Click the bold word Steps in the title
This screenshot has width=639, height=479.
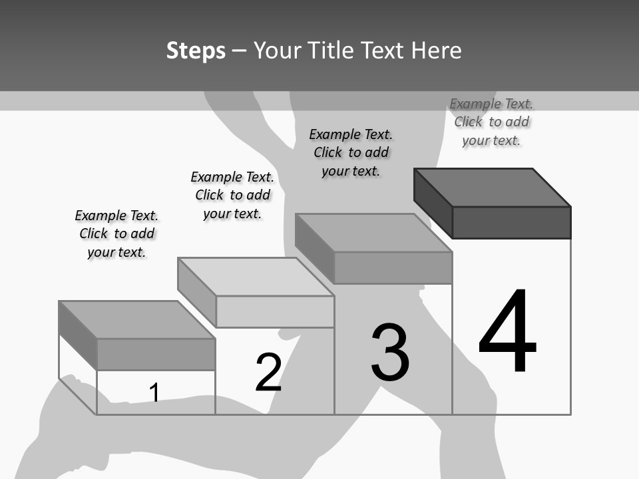click(196, 51)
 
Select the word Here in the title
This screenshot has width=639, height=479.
click(436, 51)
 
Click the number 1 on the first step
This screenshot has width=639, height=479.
click(154, 393)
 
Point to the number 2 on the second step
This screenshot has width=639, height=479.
click(268, 372)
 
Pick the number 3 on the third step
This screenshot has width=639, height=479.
click(390, 353)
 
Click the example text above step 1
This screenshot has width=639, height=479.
click(116, 234)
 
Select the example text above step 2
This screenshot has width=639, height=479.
click(232, 195)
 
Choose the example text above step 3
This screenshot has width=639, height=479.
click(351, 152)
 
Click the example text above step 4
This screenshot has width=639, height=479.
click(491, 122)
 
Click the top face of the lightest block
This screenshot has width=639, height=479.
click(256, 277)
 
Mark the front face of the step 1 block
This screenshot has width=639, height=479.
click(156, 354)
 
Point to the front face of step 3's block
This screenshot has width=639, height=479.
click(393, 268)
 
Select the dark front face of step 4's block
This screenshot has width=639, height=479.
click(511, 222)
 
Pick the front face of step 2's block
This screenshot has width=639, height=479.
click(275, 311)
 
